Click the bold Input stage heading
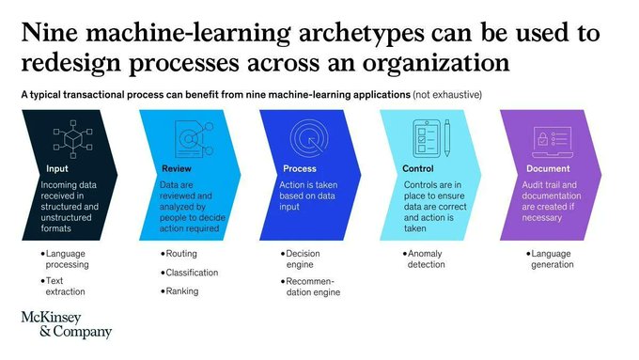[56, 169]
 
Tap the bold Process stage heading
[300, 169]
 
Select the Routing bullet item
[180, 254]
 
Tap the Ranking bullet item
[183, 291]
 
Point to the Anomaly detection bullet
[427, 259]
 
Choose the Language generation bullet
[551, 259]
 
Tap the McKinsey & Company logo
[66, 325]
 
